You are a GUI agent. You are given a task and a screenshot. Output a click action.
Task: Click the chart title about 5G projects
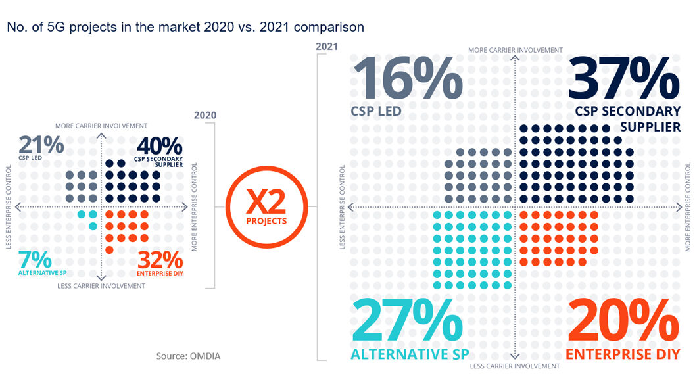coord(185,27)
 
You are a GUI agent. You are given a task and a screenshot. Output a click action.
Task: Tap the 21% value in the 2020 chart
coord(41,145)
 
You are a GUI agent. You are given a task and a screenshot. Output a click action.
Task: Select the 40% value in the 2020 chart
coord(158,145)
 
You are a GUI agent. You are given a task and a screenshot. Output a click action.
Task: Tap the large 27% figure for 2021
coord(408,321)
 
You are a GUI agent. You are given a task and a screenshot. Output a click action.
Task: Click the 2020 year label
coord(205,115)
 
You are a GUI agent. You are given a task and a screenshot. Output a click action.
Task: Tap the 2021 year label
coord(327,47)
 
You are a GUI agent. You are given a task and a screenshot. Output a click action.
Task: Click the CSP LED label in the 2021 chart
coord(375,111)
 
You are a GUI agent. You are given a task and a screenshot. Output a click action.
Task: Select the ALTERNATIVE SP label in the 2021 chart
coord(410,354)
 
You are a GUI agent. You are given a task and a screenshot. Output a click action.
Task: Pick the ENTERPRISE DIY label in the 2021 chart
coord(623,354)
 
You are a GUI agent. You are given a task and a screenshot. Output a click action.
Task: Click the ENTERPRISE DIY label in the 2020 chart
coord(159,273)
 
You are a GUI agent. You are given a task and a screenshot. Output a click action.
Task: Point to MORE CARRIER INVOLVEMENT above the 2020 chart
coord(101,126)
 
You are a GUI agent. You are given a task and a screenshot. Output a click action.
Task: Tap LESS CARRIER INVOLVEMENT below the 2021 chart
coord(516,366)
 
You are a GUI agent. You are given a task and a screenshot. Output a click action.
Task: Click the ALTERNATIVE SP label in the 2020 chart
coord(38,272)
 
